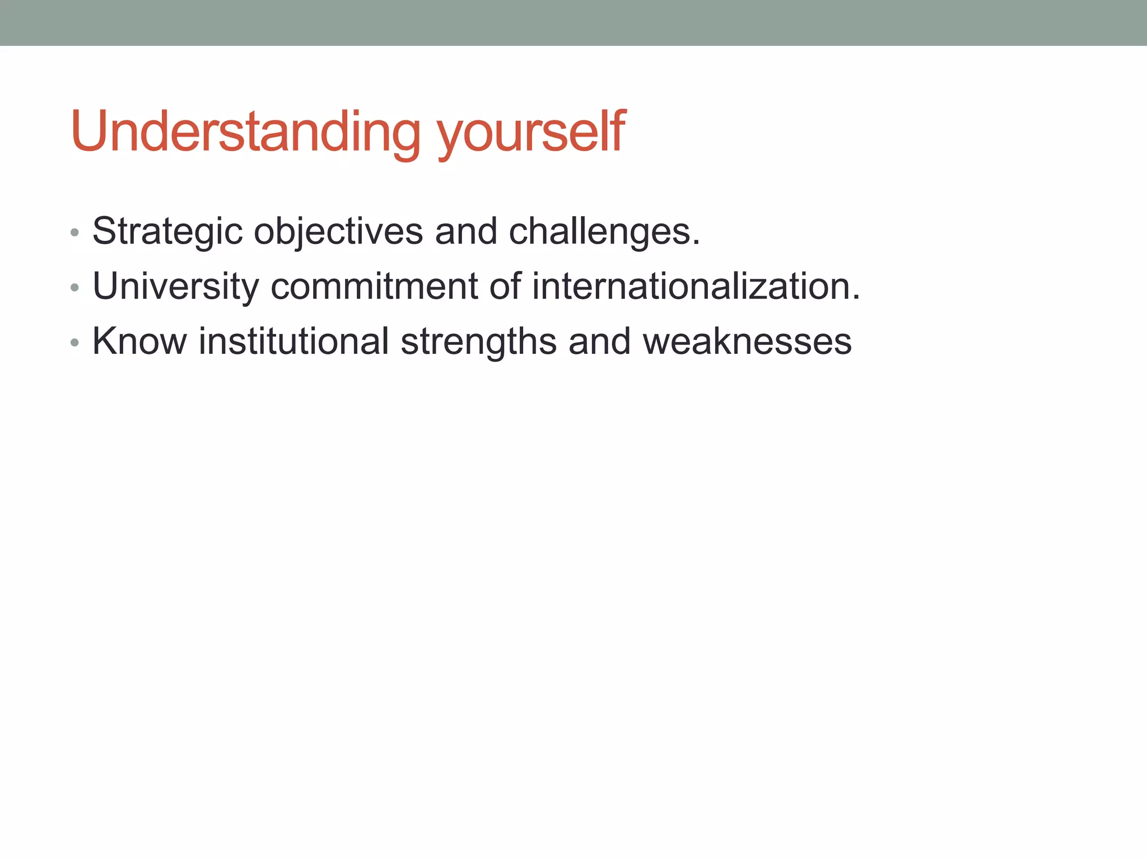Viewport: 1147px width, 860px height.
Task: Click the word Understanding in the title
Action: click(x=245, y=132)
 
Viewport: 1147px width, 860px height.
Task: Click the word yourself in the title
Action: click(x=531, y=134)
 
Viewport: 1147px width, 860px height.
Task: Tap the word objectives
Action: click(x=338, y=231)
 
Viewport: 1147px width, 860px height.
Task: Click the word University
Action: click(x=176, y=286)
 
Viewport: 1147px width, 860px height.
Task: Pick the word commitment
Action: click(x=374, y=286)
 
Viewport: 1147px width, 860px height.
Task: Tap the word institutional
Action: click(x=293, y=341)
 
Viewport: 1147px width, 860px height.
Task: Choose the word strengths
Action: click(x=478, y=342)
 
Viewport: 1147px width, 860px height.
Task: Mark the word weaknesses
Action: click(x=747, y=341)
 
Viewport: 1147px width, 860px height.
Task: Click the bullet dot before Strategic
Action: click(x=74, y=232)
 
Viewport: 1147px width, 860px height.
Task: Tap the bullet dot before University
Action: click(x=74, y=288)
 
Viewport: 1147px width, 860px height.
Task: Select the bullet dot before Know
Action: click(x=74, y=343)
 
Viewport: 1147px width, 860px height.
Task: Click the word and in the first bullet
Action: click(x=466, y=231)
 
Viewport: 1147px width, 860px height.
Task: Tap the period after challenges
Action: click(x=696, y=244)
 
